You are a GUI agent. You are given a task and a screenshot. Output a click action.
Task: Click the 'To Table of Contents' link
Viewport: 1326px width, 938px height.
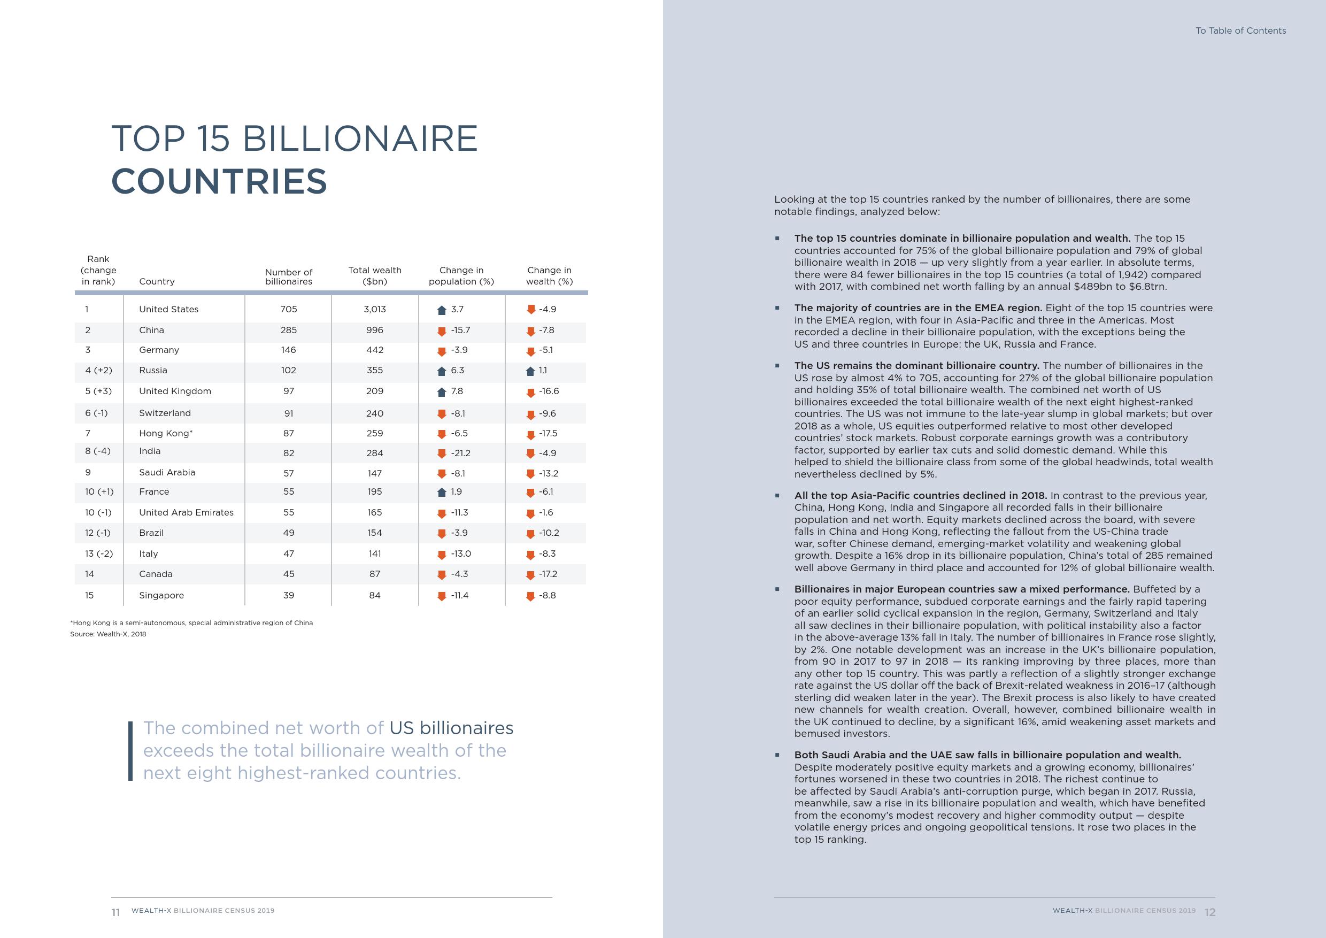1240,30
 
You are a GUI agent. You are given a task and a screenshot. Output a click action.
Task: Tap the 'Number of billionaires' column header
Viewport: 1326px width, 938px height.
288,276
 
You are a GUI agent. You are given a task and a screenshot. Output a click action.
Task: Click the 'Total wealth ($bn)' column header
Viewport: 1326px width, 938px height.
375,275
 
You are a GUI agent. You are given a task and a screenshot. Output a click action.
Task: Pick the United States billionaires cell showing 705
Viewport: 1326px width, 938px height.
288,309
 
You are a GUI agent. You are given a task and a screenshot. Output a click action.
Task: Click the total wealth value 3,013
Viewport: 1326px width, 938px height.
375,309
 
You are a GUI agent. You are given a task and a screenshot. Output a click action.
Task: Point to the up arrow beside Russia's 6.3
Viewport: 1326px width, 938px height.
442,371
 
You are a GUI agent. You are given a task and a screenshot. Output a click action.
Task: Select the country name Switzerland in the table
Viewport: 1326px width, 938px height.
165,413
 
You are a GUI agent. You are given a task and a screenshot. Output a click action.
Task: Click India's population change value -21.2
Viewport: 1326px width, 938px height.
460,453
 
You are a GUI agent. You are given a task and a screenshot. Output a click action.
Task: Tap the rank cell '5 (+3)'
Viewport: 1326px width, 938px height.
99,391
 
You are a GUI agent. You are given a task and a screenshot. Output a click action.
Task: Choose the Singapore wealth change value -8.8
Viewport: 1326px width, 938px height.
547,596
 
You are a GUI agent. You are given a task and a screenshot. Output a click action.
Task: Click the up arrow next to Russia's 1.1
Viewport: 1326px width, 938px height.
530,371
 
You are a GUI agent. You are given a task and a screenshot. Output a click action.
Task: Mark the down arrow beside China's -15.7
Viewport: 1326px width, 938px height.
442,331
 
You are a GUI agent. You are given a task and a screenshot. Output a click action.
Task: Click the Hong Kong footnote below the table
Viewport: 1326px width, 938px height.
192,622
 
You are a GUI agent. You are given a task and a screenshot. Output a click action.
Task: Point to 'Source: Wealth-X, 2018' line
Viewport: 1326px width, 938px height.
108,634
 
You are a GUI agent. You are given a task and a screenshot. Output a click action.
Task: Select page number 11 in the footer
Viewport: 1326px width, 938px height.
115,912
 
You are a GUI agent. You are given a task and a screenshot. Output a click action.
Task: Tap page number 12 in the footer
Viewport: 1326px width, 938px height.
1210,912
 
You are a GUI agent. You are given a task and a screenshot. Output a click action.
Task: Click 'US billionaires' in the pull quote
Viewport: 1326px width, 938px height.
451,728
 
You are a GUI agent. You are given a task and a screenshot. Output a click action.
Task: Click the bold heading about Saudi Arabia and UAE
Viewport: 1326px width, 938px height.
988,755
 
